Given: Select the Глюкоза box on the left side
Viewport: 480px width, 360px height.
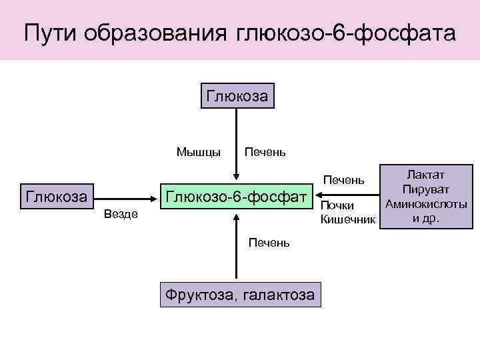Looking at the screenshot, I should tap(56, 197).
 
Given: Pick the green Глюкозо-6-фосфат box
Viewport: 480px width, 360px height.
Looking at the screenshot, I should tap(237, 197).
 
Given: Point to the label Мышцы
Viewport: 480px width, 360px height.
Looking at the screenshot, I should tap(199, 152).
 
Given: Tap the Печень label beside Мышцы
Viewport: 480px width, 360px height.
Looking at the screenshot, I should tap(266, 152).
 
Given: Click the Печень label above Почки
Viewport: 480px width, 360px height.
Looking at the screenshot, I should tap(343, 180).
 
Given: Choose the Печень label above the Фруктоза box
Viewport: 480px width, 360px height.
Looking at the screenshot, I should tap(269, 243).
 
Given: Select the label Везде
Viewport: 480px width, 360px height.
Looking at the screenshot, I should tap(121, 214).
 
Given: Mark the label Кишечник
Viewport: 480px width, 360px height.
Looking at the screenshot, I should tap(348, 219).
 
